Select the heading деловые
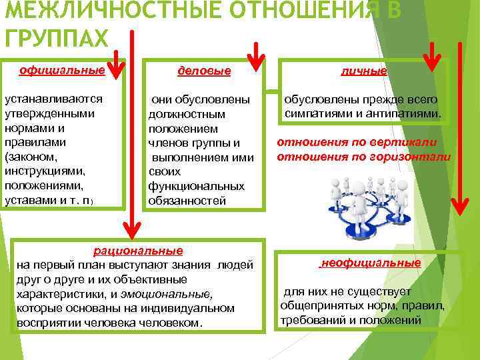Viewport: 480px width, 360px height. tap(204, 71)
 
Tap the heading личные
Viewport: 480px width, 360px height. tap(363, 71)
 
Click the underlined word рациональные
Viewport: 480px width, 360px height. tap(138, 251)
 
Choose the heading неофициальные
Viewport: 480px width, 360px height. tap(371, 263)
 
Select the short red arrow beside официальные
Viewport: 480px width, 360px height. tap(115, 60)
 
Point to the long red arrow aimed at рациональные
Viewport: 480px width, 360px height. tap(133, 133)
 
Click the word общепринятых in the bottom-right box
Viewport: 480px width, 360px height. tap(316, 306)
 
